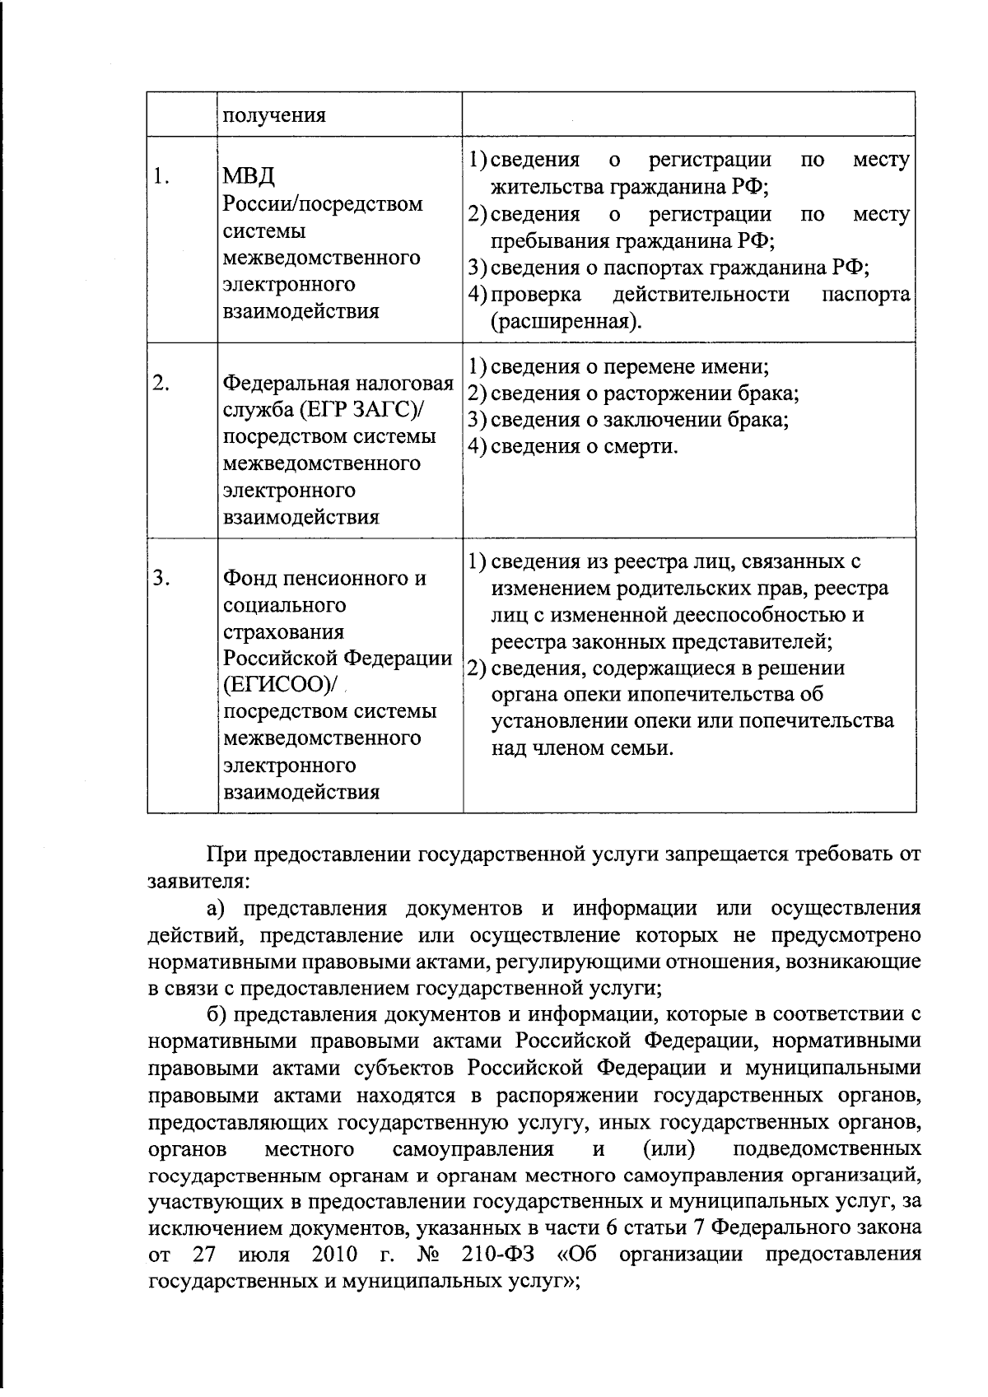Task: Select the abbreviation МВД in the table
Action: (249, 176)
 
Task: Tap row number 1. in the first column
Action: (161, 176)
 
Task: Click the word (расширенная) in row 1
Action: (566, 321)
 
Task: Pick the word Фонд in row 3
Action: (250, 578)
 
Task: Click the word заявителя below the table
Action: (193, 881)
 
